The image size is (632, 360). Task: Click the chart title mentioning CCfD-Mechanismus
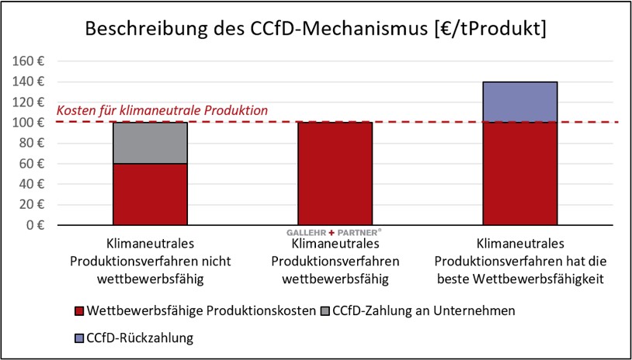click(316, 29)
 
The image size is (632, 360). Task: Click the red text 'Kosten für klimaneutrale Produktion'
click(162, 111)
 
